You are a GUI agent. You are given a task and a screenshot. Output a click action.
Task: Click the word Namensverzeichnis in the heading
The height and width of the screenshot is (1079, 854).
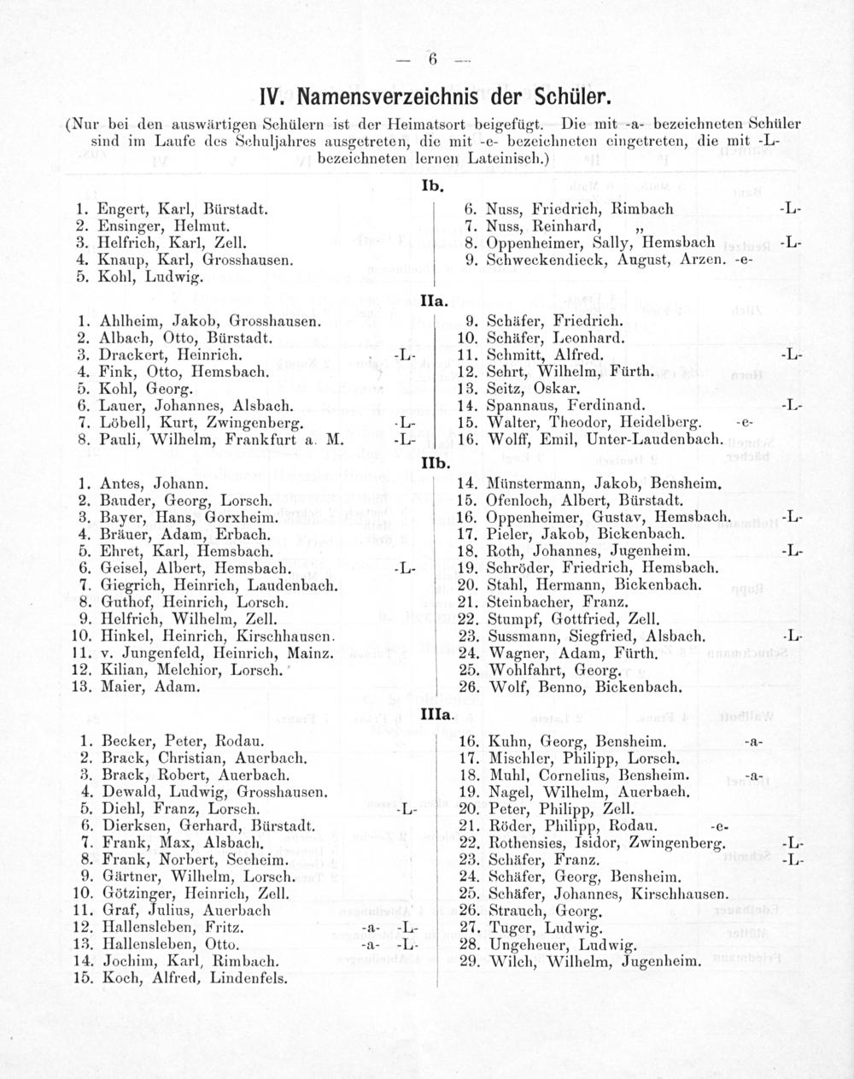tap(389, 91)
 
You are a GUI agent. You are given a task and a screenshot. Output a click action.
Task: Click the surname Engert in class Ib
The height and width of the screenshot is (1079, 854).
tap(120, 208)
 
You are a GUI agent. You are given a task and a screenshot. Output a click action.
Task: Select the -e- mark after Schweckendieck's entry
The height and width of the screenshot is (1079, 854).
tap(743, 260)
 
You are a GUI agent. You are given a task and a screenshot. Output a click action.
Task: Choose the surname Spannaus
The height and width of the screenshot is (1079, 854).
tap(521, 405)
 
